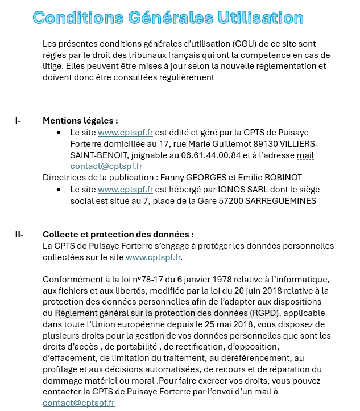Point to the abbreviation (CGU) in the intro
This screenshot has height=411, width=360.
click(231, 44)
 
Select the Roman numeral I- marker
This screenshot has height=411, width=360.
click(18, 121)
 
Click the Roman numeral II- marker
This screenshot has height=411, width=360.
click(19, 235)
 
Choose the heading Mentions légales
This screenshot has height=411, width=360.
click(80, 121)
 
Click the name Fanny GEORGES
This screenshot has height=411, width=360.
click(189, 178)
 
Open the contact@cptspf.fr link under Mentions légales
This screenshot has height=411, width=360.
click(106, 166)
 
